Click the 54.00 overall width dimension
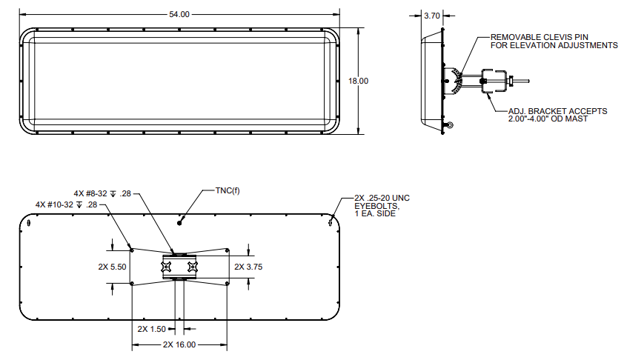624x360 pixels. click(180, 14)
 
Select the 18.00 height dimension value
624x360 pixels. click(358, 81)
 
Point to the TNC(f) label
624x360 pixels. click(228, 190)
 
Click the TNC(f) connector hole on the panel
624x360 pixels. click(179, 220)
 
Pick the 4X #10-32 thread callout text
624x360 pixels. click(66, 204)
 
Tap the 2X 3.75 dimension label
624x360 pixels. click(249, 265)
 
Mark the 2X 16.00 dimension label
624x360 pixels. click(179, 345)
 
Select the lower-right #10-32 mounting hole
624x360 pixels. click(227, 282)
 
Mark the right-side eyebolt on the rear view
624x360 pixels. click(330, 220)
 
